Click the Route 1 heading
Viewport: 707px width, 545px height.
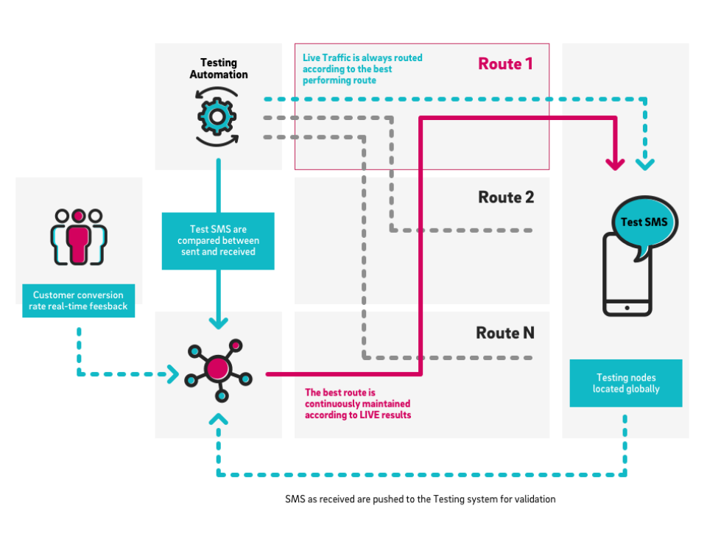505,64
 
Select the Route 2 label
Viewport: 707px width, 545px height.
505,197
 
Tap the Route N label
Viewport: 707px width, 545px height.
505,333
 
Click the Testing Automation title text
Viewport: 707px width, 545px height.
219,68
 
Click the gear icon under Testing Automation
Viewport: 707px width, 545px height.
217,116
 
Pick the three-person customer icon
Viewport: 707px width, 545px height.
79,236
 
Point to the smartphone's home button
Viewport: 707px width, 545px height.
627,307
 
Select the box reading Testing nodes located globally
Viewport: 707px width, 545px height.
626,383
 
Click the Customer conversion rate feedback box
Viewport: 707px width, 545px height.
79,300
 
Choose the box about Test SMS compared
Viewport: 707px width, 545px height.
217,241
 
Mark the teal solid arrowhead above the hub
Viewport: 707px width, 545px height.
218,323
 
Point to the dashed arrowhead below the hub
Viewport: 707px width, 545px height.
218,420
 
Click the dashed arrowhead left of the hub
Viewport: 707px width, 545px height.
173,374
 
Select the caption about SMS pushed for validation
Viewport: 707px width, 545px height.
421,499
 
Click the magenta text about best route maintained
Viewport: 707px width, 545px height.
358,404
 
